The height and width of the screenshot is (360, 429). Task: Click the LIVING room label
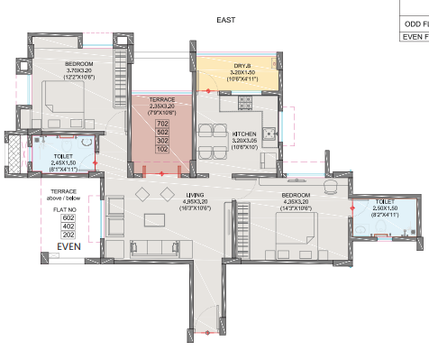pyautogui.click(x=195, y=196)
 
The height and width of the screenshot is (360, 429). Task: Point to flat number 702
pyautogui.click(x=163, y=124)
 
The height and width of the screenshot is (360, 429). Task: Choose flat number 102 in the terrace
pyautogui.click(x=163, y=149)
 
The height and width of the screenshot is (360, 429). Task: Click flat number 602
pyautogui.click(x=68, y=217)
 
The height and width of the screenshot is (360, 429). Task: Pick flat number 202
pyautogui.click(x=68, y=235)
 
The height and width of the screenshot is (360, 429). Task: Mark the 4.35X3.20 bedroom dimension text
pyautogui.click(x=295, y=203)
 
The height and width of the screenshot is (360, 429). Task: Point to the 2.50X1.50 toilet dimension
pyautogui.click(x=385, y=209)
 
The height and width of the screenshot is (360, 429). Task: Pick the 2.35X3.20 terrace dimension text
pyautogui.click(x=163, y=105)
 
